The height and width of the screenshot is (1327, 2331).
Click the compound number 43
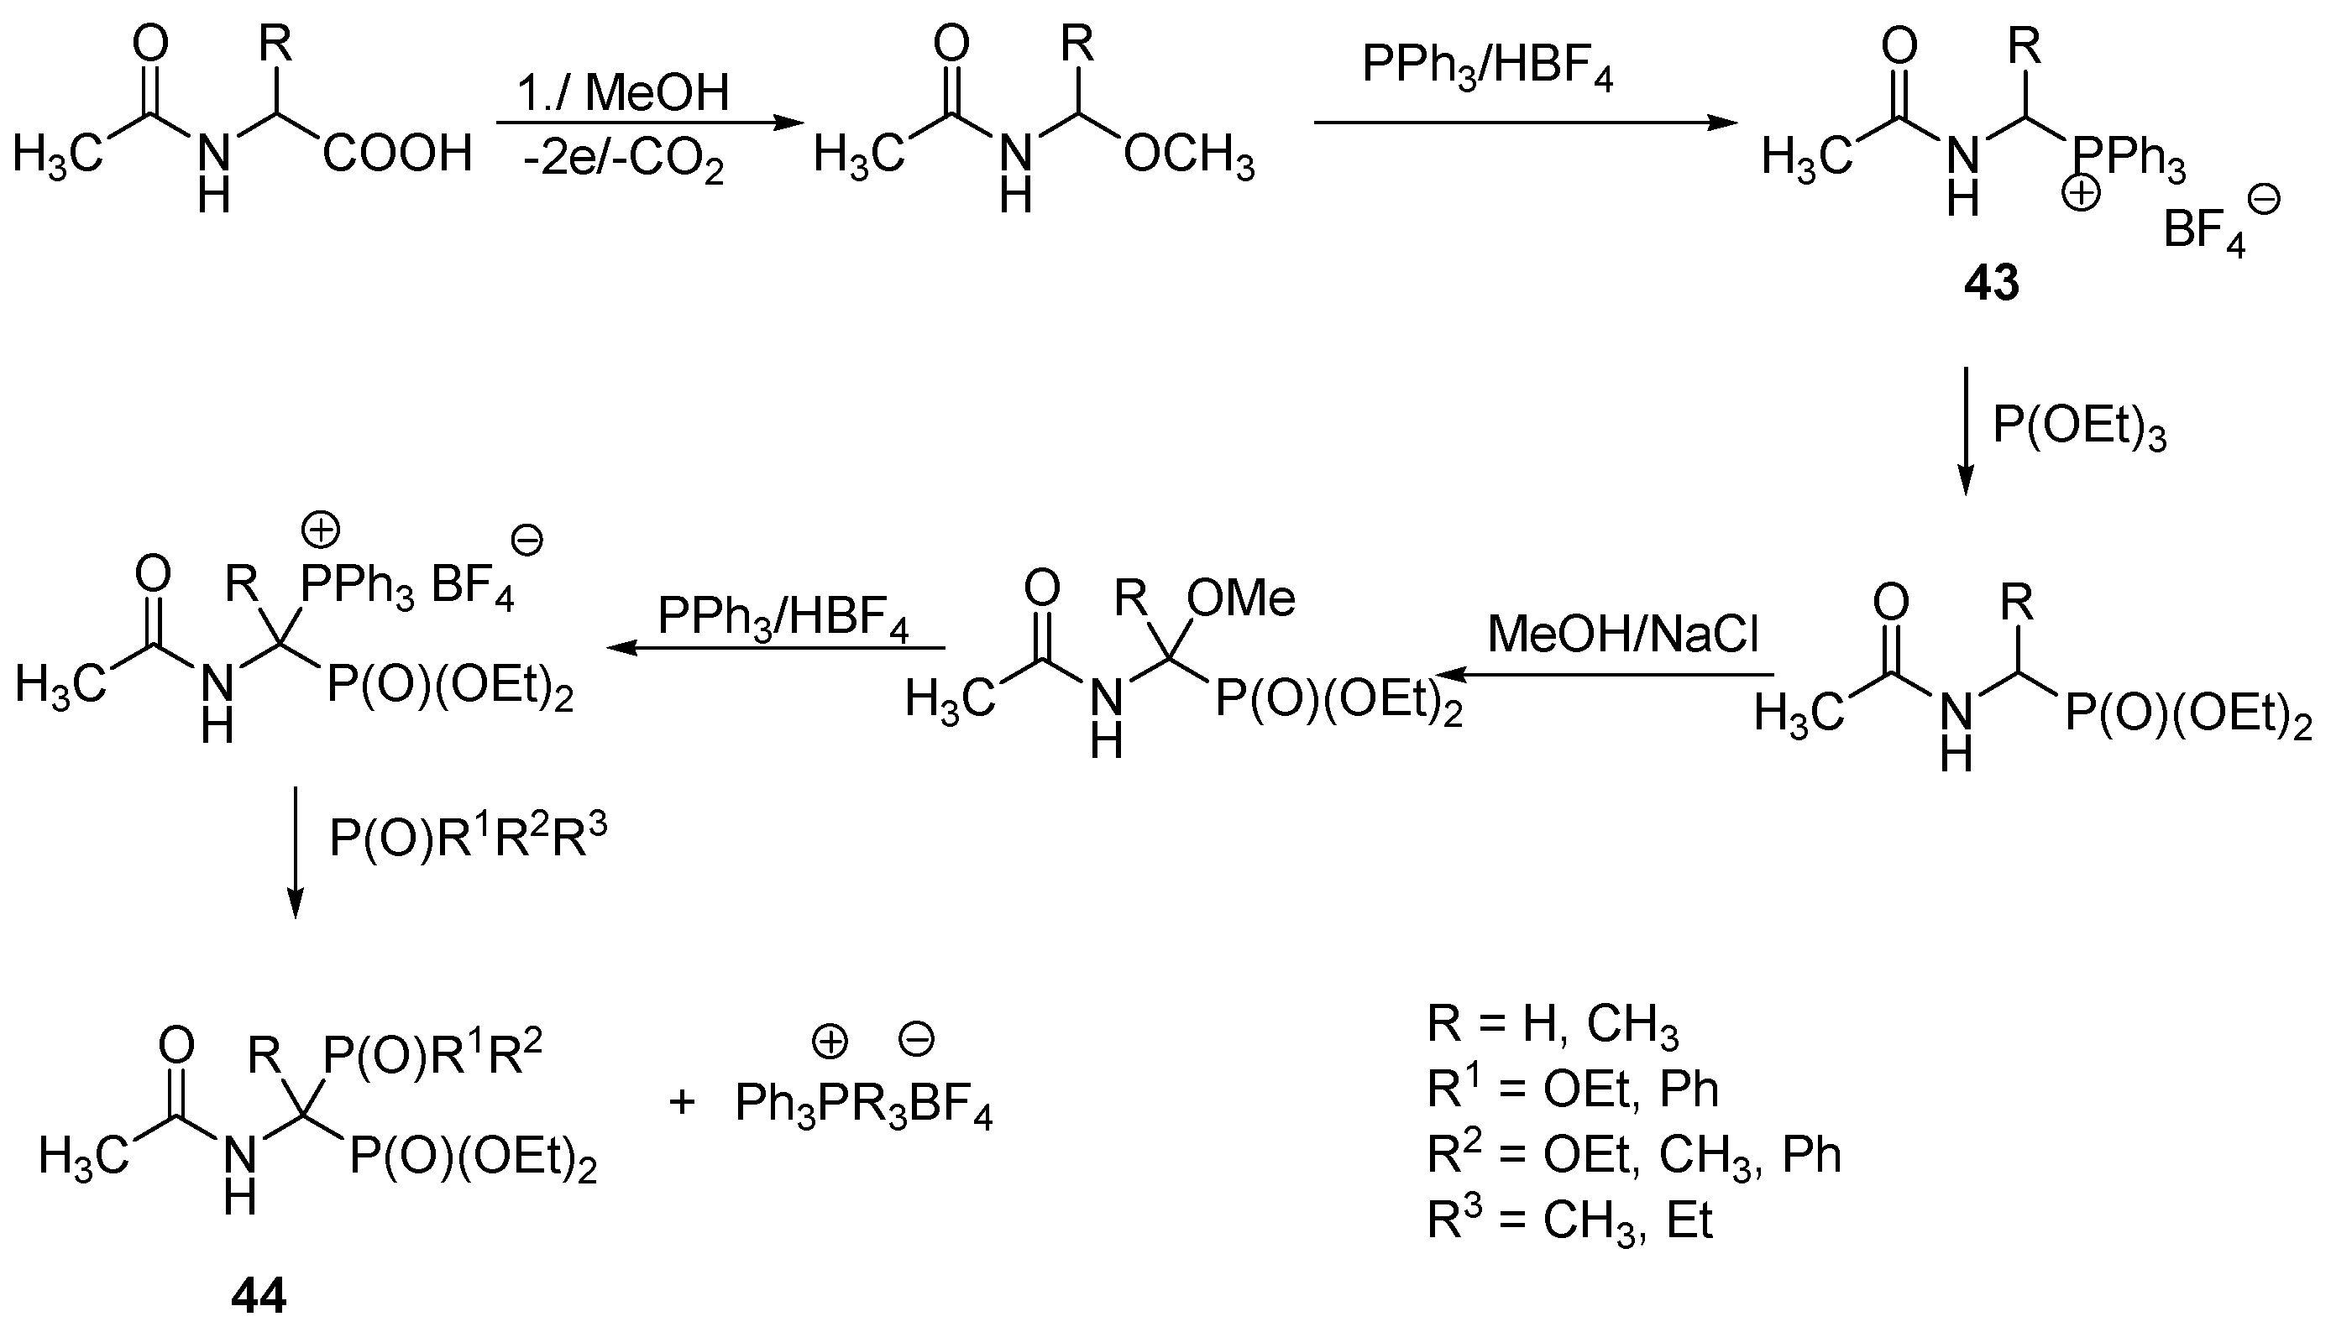(1991, 283)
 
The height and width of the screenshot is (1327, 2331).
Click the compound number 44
(259, 1294)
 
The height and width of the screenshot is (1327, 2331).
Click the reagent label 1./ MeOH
(624, 92)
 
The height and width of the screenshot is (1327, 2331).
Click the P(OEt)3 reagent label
(2078, 426)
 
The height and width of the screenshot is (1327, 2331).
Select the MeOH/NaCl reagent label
(1622, 634)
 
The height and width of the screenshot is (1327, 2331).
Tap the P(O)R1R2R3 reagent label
(468, 837)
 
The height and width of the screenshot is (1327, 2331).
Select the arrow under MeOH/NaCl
(1605, 676)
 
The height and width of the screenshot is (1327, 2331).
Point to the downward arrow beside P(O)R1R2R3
(295, 852)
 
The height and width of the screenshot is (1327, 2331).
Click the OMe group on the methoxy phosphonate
(1241, 598)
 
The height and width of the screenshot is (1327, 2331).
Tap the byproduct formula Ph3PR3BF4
(863, 1105)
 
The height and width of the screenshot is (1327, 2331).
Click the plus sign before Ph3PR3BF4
(682, 1103)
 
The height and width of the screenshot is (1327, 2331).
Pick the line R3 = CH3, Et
(1569, 1220)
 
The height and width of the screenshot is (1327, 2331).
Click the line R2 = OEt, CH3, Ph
(1633, 1155)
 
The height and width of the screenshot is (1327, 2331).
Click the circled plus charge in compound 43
(2082, 194)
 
